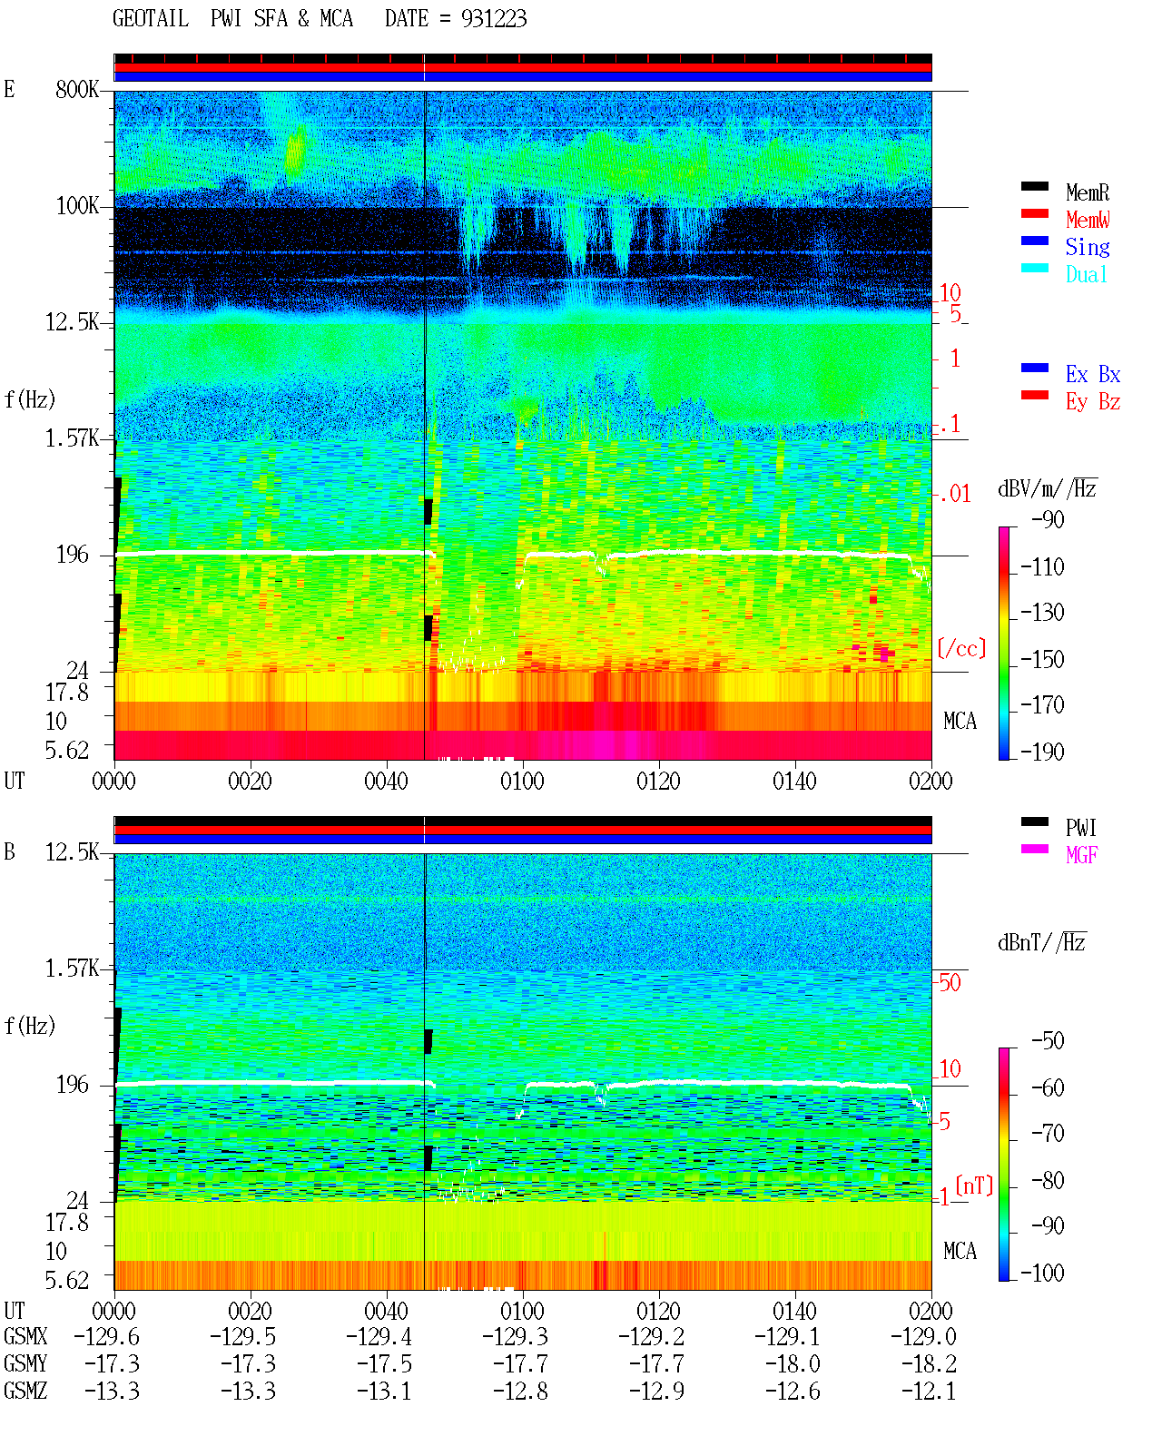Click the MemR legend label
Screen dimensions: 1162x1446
(1087, 192)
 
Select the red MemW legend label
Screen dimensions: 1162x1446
(1087, 219)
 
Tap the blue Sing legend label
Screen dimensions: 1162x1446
(1087, 247)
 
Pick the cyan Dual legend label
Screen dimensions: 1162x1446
(1086, 274)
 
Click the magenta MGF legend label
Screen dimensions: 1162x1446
(1081, 855)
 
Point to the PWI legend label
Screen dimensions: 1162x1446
(1080, 827)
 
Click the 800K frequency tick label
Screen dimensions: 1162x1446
(77, 89)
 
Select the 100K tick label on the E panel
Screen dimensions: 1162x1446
(77, 206)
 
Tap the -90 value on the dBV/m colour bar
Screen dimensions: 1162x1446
(1048, 519)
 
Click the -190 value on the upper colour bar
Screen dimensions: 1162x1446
(1042, 752)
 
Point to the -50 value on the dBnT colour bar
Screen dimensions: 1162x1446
(1048, 1041)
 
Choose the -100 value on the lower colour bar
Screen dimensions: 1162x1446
(1042, 1273)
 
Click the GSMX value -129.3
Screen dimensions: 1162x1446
(515, 1336)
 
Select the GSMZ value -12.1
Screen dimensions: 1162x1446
(929, 1391)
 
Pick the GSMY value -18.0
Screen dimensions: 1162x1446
(793, 1364)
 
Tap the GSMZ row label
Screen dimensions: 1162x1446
(25, 1391)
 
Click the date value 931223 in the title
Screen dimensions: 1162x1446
(494, 19)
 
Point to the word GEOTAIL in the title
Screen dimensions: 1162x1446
(151, 19)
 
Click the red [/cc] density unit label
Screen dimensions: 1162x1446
(961, 648)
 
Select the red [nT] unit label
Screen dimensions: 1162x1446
(974, 1185)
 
